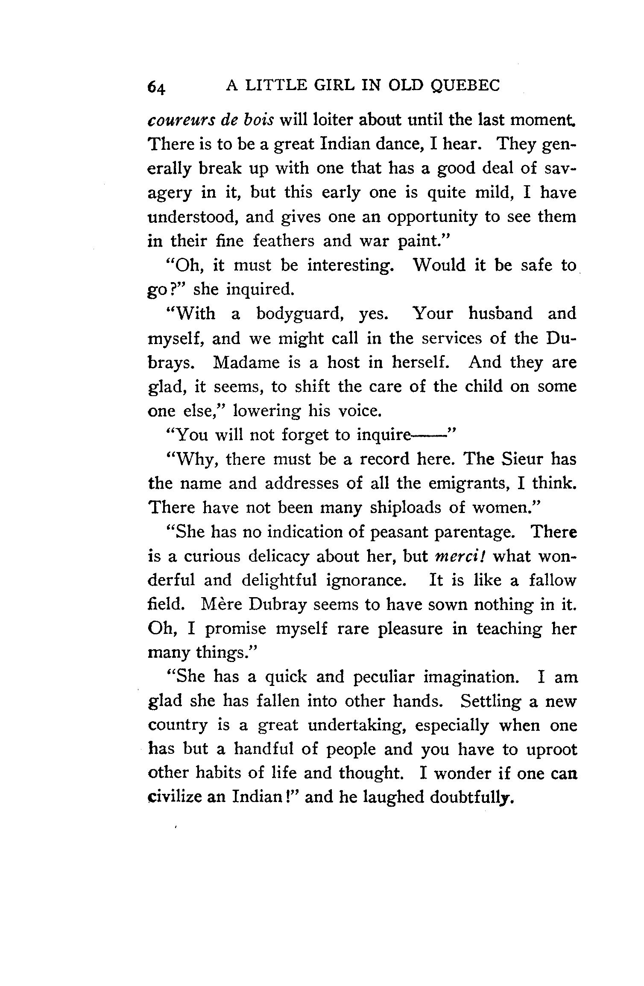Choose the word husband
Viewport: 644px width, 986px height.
(x=501, y=313)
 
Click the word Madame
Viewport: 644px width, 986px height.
(x=246, y=362)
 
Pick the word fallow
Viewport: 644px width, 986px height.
(x=553, y=581)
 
